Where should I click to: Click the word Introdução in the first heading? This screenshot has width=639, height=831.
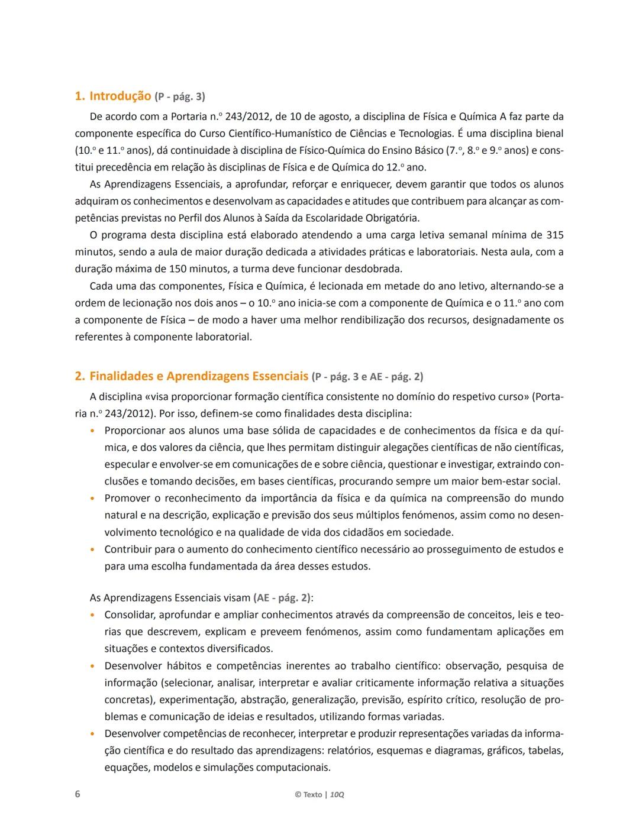click(120, 96)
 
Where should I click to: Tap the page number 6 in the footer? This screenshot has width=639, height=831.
click(78, 794)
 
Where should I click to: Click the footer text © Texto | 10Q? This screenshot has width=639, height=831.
click(319, 794)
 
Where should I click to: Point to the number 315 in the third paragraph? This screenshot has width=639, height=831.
click(554, 235)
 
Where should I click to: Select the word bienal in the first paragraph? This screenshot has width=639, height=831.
click(547, 134)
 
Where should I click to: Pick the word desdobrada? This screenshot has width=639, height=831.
click(372, 269)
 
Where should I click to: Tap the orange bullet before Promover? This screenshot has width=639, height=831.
click(93, 499)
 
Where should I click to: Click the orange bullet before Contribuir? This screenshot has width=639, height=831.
click(93, 549)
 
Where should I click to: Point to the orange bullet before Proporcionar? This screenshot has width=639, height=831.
click(93, 431)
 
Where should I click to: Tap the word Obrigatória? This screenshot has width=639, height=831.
click(389, 218)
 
